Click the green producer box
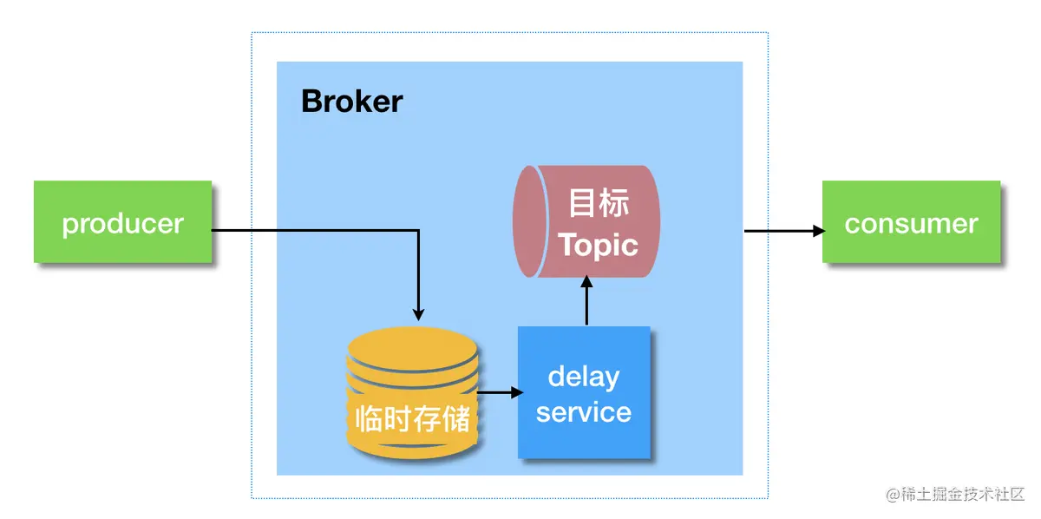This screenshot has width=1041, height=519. coord(122,221)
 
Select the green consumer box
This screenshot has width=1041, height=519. coord(911,222)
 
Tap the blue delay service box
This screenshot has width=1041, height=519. coord(584,392)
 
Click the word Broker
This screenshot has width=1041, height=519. coord(352,102)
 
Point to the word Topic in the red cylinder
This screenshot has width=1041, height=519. coord(599,245)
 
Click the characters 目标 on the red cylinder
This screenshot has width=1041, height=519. coord(599,202)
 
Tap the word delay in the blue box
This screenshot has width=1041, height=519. coord(584,377)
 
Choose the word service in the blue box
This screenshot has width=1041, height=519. coord(584,411)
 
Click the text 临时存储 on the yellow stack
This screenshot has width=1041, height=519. coord(413,418)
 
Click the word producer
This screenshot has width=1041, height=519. coord(122,223)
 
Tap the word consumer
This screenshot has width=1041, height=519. coord(911,223)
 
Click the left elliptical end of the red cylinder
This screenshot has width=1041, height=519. coord(529,222)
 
